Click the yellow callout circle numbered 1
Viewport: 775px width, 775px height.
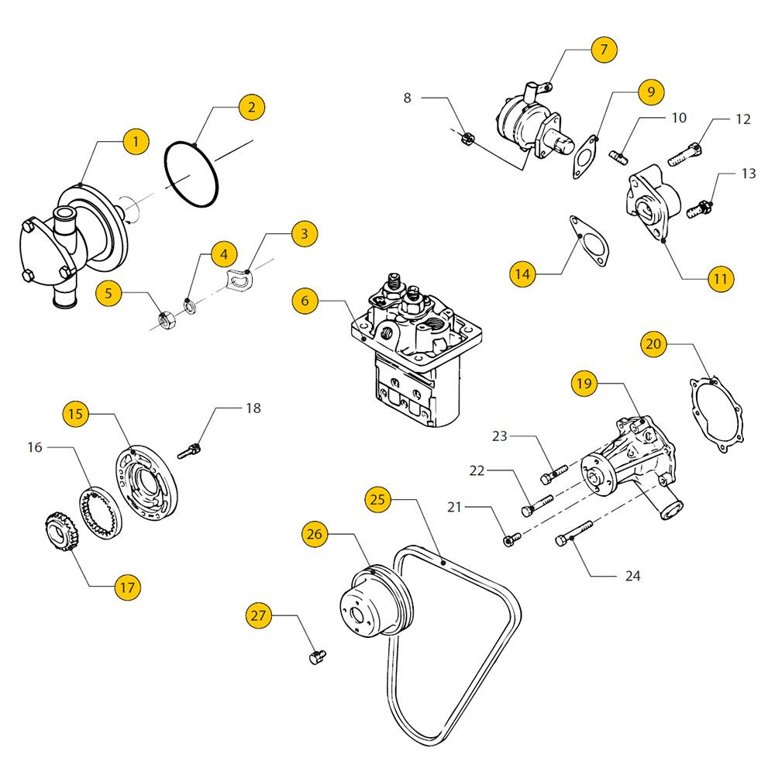coord(136,142)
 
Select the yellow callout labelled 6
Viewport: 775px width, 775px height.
coord(305,301)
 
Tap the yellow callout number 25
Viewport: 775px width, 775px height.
coord(377,500)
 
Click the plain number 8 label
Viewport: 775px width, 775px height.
coord(408,98)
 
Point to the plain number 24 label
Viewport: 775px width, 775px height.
coord(633,576)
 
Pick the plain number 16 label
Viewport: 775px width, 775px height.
coord(34,447)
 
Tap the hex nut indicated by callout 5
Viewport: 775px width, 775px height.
coord(165,318)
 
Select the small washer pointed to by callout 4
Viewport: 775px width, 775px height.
coord(190,303)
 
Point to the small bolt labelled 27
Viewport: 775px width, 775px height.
coord(315,657)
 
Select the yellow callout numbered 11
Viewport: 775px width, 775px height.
coord(722,278)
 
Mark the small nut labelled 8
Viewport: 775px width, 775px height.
coord(467,139)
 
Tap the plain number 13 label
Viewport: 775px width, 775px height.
coord(748,174)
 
